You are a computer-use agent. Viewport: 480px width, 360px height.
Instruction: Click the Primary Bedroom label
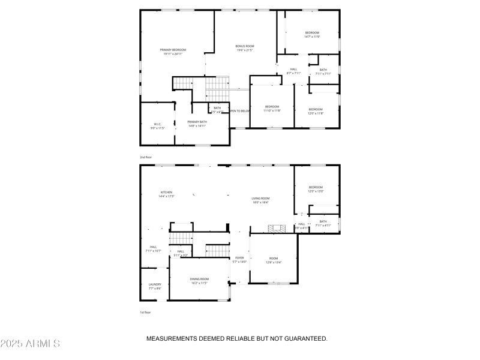(173, 52)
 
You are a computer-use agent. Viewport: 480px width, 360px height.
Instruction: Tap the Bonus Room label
(245, 49)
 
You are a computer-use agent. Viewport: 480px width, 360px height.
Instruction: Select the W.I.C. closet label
(157, 127)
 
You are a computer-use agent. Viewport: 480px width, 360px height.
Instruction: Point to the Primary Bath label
(197, 124)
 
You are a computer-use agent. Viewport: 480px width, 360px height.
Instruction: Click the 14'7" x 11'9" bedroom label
(312, 35)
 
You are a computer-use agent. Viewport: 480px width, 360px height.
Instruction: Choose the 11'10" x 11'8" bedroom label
(272, 109)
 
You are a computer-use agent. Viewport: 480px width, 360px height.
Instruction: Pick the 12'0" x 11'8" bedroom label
(316, 111)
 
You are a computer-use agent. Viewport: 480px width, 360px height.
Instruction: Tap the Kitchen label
(166, 194)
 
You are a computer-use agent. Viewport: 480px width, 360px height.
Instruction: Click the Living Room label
(260, 200)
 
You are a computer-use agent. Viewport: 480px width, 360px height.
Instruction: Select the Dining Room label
(199, 281)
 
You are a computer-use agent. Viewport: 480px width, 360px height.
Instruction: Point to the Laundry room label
(155, 286)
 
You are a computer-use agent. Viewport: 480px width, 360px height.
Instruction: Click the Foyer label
(239, 260)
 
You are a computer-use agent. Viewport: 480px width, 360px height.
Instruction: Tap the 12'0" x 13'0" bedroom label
(316, 189)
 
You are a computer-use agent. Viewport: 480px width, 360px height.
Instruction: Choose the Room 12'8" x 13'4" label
(274, 260)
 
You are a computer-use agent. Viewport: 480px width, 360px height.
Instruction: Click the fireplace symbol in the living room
(277, 228)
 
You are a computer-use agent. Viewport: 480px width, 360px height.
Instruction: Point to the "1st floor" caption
(145, 313)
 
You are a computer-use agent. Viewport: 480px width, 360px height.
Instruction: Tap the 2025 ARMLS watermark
(30, 344)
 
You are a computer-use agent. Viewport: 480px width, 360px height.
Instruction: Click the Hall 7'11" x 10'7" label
(153, 249)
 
